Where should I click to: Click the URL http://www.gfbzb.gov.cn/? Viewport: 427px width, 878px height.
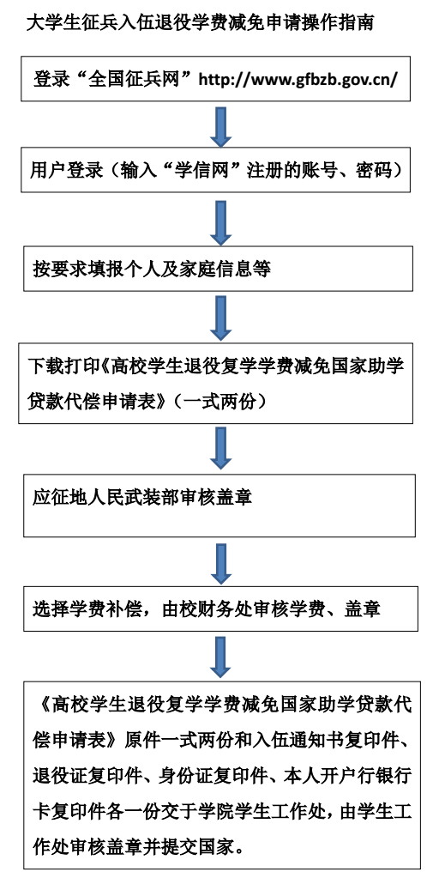click(298, 78)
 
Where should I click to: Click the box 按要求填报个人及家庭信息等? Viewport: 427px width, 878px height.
click(219, 268)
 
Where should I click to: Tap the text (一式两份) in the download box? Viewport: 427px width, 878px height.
click(220, 402)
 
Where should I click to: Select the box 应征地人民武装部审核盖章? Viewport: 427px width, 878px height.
click(220, 505)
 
